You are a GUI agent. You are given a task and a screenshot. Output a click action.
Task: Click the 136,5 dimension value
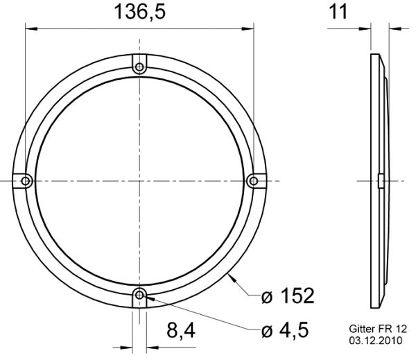tap(139, 12)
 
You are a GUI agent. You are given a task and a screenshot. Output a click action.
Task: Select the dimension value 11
tap(338, 12)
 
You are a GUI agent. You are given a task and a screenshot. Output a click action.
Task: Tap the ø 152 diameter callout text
tap(288, 295)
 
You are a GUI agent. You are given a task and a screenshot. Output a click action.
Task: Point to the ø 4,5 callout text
tap(285, 330)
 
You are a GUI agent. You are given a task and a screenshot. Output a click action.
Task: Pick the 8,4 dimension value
tap(181, 331)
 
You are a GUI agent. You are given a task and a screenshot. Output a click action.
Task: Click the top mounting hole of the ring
tap(139, 67)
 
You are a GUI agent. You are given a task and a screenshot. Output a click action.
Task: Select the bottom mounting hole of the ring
tap(139, 294)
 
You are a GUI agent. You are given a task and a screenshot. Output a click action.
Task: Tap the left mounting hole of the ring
tap(26, 181)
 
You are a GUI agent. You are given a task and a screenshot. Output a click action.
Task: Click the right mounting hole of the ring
tap(254, 181)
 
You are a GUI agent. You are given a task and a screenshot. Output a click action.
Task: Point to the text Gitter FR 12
tap(378, 329)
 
